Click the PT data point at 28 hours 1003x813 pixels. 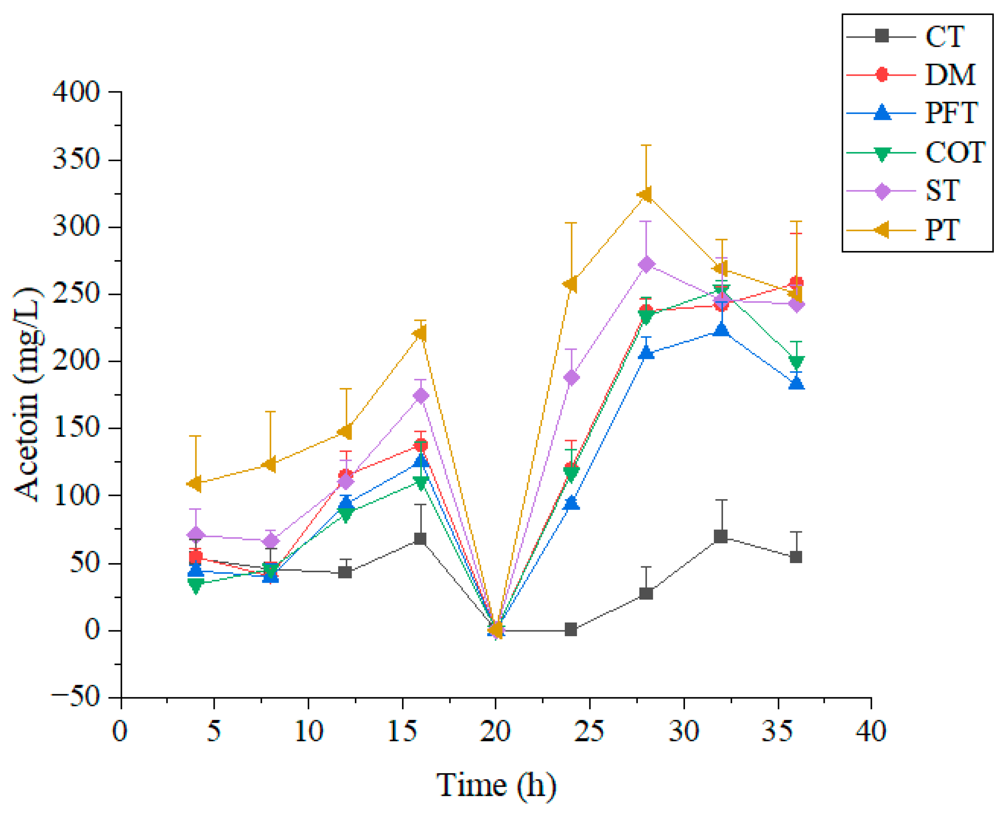pyautogui.click(x=646, y=195)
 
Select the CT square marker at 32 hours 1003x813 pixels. pyautogui.click(x=721, y=537)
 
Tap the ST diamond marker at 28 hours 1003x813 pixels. pyautogui.click(x=646, y=265)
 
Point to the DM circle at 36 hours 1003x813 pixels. pyautogui.click(x=796, y=283)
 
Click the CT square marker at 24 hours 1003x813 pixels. pyautogui.click(x=571, y=630)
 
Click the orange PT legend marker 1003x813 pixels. pyautogui.click(x=882, y=230)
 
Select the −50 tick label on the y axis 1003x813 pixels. pyautogui.click(x=75, y=697)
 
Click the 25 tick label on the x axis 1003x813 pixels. pyautogui.click(x=589, y=730)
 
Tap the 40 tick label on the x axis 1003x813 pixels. pyautogui.click(x=870, y=730)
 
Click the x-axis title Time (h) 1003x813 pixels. pyautogui.click(x=497, y=785)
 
